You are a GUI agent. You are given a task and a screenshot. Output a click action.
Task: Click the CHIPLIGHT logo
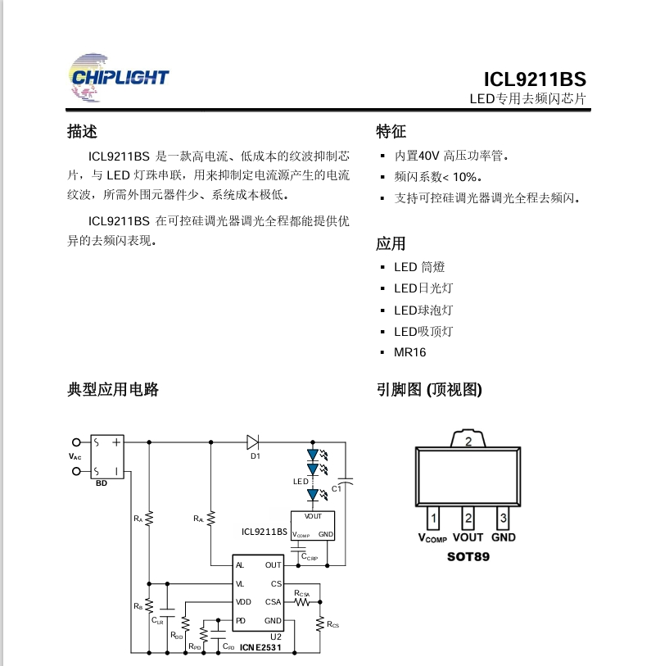pos(119,78)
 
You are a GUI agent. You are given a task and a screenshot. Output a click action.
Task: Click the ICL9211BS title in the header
pos(534,79)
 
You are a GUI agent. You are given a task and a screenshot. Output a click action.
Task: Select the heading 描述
pos(82,131)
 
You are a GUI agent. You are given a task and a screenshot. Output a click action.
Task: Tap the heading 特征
pos(391,131)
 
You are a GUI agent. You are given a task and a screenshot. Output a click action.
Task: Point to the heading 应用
pos(391,243)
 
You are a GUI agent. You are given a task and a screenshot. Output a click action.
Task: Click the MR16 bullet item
pos(409,352)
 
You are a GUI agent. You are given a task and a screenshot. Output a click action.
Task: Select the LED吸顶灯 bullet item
pos(423,331)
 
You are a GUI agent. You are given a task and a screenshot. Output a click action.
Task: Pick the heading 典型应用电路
pos(113,389)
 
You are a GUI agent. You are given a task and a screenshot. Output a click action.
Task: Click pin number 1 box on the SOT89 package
pos(433,518)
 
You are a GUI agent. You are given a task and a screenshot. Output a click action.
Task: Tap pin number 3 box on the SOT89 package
pos(504,518)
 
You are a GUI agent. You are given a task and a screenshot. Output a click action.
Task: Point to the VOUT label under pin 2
pos(468,537)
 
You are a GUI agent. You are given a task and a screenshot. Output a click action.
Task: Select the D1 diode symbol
pos(252,442)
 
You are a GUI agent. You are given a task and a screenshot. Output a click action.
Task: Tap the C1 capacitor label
pos(335,490)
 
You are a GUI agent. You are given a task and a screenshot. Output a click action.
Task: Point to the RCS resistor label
pos(332,625)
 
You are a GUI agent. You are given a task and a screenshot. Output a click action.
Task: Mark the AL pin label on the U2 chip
pos(240,565)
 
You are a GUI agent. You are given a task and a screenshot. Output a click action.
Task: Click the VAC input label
pos(75,456)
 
